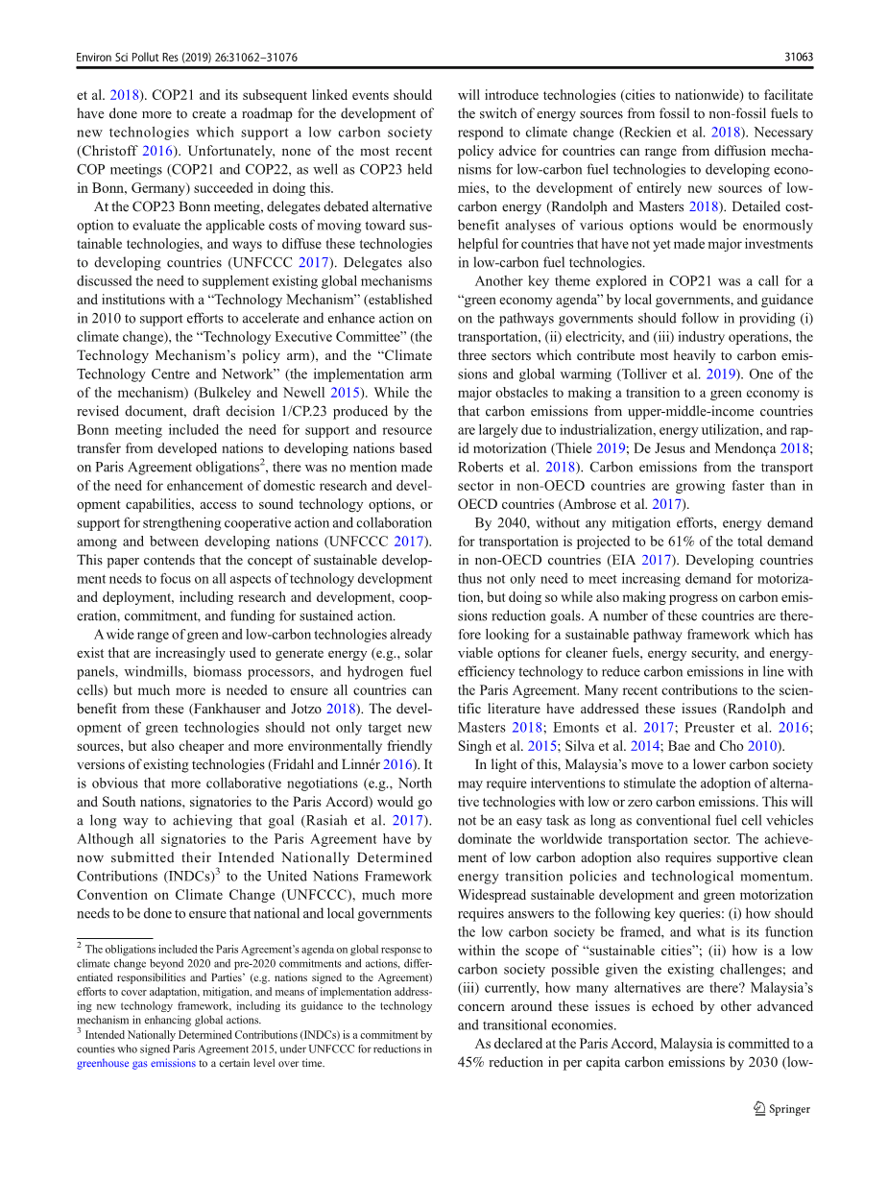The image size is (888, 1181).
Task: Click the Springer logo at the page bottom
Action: (x=780, y=1109)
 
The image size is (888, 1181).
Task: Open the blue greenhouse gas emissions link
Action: (x=136, y=1064)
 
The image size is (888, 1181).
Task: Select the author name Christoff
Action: (x=110, y=151)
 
